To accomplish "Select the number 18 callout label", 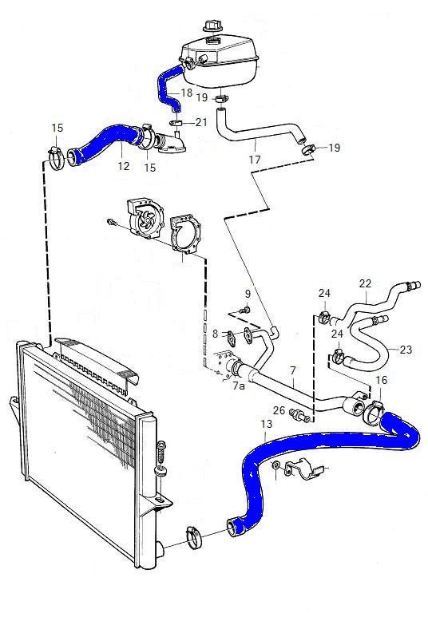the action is pyautogui.click(x=187, y=93).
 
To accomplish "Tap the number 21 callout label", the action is pyautogui.click(x=201, y=122).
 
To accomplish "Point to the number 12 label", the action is pyautogui.click(x=124, y=166).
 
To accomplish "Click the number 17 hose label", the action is pyautogui.click(x=255, y=160).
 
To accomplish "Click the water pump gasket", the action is pyautogui.click(x=185, y=235).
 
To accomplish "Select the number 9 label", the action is pyautogui.click(x=248, y=294).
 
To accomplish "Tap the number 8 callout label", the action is pyautogui.click(x=216, y=333).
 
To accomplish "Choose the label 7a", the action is pyautogui.click(x=239, y=386).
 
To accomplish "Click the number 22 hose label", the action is pyautogui.click(x=365, y=283).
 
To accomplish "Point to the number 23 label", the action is pyautogui.click(x=406, y=350).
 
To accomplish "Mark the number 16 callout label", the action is pyautogui.click(x=382, y=380).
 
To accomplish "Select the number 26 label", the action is pyautogui.click(x=279, y=410).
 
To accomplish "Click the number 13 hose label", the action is pyautogui.click(x=266, y=424).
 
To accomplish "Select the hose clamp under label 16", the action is pyautogui.click(x=374, y=412).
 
